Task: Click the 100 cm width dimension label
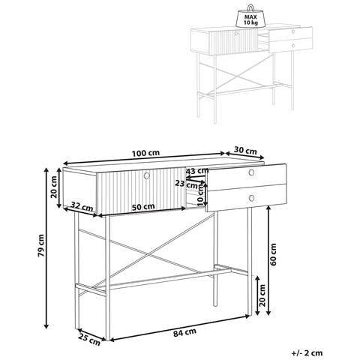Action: pos(145,153)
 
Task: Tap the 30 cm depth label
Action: pos(245,151)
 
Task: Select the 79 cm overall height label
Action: pos(40,245)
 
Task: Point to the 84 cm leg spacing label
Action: pos(184,332)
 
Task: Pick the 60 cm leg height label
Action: pos(273,254)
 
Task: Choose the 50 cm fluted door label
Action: pos(143,207)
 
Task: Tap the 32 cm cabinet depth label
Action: pos(82,206)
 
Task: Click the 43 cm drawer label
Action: pos(197,171)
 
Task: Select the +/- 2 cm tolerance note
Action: pos(307,352)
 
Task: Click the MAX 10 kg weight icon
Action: pos(250,16)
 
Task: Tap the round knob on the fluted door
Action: pos(147,175)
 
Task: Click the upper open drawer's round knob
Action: pos(251,172)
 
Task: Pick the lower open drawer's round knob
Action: pos(251,198)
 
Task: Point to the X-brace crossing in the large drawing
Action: pos(149,255)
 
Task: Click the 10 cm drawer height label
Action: pos(200,196)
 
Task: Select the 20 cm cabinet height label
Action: pos(54,187)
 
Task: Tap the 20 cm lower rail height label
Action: pos(262,295)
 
